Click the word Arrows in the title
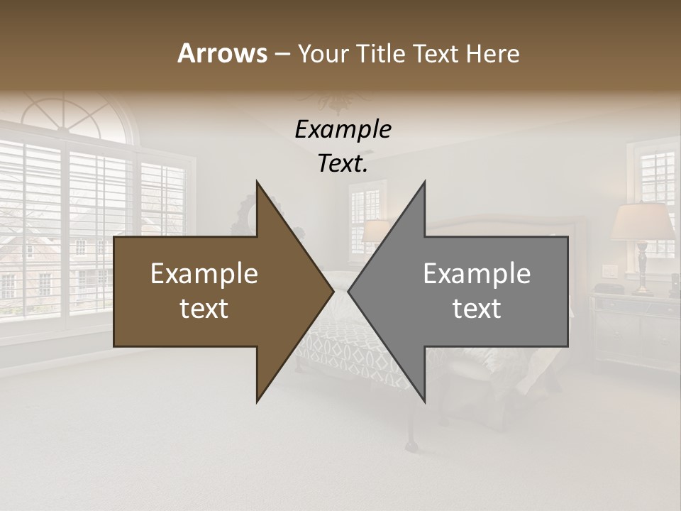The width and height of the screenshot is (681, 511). (222, 53)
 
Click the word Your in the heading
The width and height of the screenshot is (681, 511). (323, 54)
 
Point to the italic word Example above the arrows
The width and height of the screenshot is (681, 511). (343, 129)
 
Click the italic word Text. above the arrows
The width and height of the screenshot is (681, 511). (343, 163)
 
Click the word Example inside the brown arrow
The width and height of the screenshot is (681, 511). (204, 274)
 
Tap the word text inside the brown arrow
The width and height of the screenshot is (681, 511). (204, 309)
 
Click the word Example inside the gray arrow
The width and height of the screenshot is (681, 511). (477, 274)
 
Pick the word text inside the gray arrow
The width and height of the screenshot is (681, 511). (477, 309)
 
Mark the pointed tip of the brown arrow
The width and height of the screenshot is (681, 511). (332, 291)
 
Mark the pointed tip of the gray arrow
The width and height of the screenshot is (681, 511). (350, 291)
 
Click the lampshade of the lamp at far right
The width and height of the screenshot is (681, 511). (642, 221)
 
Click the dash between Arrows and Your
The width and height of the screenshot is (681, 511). (282, 54)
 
